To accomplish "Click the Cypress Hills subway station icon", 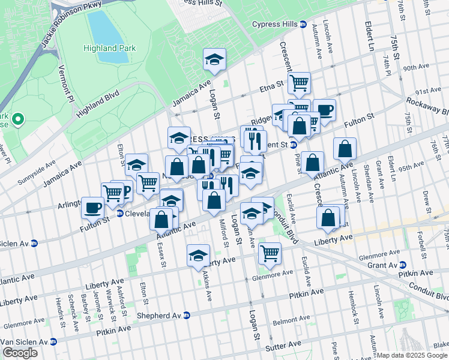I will click(x=303, y=25).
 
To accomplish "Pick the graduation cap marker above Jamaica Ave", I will click(x=214, y=59).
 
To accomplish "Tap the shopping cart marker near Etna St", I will click(x=298, y=82).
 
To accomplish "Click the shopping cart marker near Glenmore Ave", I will click(x=270, y=253).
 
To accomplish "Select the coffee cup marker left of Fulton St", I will click(x=92, y=208).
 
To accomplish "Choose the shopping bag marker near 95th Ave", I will click(x=345, y=148).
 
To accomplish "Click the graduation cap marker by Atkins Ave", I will click(x=199, y=256).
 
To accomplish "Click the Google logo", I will click(x=20, y=353).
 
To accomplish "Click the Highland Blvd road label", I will click(x=99, y=103).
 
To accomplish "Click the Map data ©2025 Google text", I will click(x=412, y=355).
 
